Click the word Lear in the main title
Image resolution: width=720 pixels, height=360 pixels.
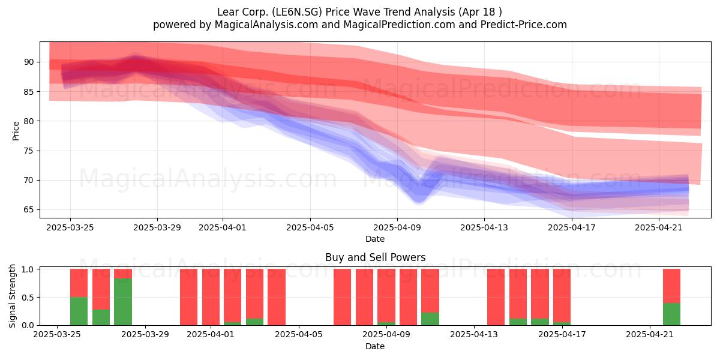click(x=227, y=12)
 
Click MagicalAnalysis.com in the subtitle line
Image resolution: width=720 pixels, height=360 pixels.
click(x=266, y=25)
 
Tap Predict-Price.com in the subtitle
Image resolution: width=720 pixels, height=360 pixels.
click(x=524, y=25)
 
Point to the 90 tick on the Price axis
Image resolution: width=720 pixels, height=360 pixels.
click(x=29, y=62)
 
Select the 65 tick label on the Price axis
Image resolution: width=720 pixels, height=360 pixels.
click(x=29, y=209)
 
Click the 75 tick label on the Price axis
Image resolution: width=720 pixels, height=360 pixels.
click(x=29, y=151)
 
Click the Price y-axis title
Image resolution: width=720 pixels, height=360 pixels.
click(x=16, y=131)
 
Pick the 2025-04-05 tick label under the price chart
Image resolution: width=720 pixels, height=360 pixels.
click(x=310, y=227)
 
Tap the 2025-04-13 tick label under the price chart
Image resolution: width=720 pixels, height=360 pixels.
click(x=484, y=227)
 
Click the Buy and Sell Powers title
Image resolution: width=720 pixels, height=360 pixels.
click(x=375, y=257)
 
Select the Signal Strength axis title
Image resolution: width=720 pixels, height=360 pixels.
click(x=12, y=296)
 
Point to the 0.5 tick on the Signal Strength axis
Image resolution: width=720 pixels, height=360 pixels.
click(x=28, y=298)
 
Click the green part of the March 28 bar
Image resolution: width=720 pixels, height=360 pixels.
click(x=123, y=302)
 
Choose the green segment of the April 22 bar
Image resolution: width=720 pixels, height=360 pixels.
click(x=672, y=314)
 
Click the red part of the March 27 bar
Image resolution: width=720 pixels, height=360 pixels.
click(x=101, y=289)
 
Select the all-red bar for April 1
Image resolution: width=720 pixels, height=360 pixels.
click(x=211, y=297)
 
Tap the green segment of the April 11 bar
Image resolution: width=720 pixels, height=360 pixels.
click(x=430, y=319)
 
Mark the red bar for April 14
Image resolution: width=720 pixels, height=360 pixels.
click(x=496, y=297)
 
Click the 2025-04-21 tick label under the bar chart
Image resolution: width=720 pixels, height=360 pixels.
click(x=650, y=335)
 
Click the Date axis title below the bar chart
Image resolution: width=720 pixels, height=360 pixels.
click(x=375, y=346)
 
